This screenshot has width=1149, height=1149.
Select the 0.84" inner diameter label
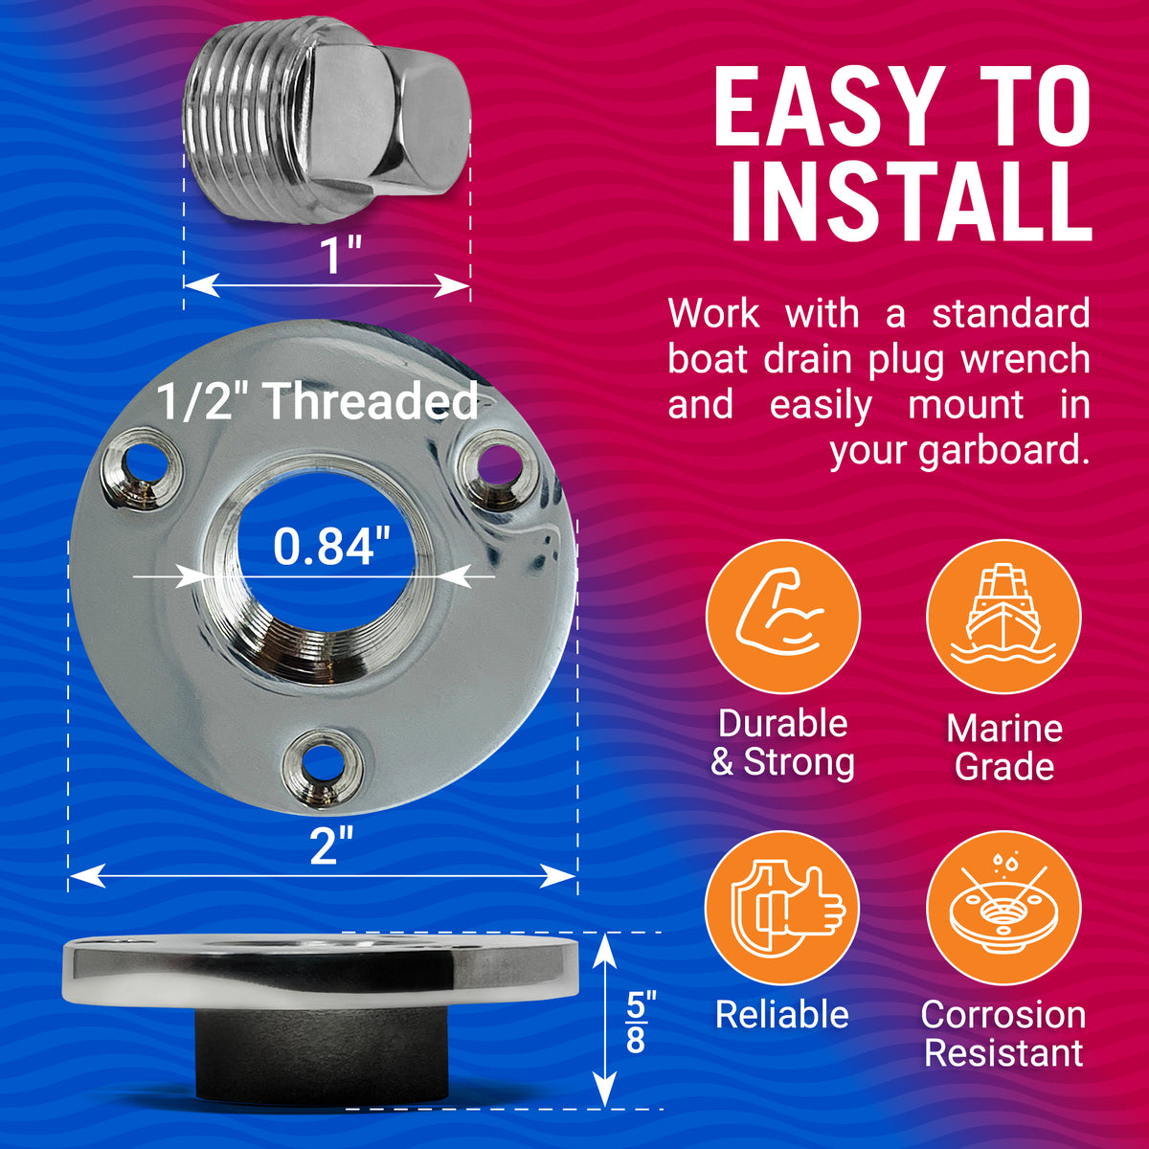(x=332, y=547)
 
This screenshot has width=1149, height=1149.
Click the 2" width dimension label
(x=331, y=846)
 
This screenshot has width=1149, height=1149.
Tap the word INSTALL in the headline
(x=910, y=202)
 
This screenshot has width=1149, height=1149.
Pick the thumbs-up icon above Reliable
(x=783, y=908)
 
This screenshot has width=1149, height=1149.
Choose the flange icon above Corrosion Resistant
(x=1003, y=908)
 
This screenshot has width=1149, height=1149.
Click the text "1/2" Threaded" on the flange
(x=317, y=402)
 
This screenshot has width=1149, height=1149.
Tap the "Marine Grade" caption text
(x=1003, y=747)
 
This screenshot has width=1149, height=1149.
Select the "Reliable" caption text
(x=782, y=1015)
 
